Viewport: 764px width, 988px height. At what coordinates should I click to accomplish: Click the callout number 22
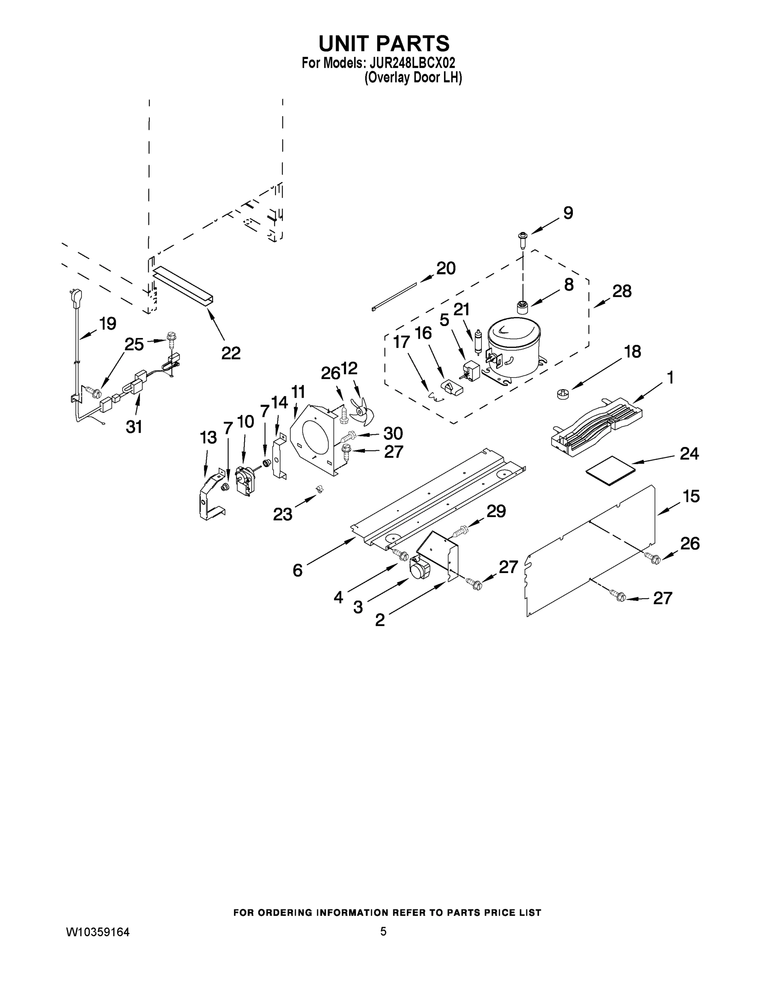(x=231, y=353)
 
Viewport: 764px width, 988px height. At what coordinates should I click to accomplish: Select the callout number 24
(x=689, y=454)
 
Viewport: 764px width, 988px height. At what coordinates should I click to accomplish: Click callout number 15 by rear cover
(x=691, y=496)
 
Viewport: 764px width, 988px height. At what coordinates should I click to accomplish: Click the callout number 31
(x=134, y=426)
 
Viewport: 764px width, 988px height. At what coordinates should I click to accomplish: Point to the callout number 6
(x=297, y=571)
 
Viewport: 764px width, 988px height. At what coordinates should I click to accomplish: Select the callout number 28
(x=622, y=291)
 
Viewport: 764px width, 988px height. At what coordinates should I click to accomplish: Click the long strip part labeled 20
(x=394, y=296)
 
